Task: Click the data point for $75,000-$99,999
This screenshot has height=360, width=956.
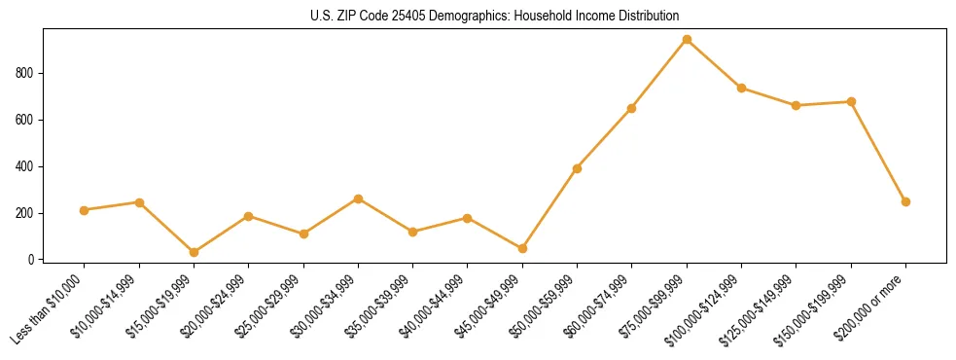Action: [687, 40]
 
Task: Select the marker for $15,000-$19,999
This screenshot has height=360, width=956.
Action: [194, 252]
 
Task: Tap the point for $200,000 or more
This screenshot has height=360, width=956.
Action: [905, 201]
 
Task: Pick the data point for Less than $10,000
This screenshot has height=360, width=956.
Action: [85, 210]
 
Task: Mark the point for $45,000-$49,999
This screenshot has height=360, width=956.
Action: [522, 248]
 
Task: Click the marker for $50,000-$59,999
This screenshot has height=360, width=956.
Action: [577, 168]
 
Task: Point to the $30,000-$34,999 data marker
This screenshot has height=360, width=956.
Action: [358, 198]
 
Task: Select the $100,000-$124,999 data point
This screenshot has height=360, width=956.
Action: [741, 88]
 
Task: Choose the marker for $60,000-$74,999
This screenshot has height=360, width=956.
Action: [632, 108]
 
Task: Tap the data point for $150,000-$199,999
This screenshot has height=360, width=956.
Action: [851, 101]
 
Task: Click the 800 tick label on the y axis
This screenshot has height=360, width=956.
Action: [26, 73]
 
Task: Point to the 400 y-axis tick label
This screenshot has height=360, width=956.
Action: [26, 166]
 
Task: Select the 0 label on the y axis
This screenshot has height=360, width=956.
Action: [32, 260]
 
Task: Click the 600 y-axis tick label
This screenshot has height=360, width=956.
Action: [26, 120]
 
